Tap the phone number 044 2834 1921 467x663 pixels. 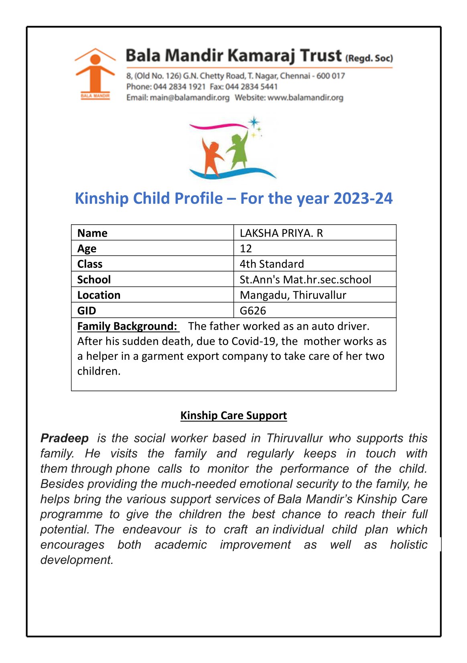tap(179, 87)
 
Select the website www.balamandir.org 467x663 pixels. tap(305, 97)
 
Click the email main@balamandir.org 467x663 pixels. tap(189, 97)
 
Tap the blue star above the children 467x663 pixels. tap(254, 122)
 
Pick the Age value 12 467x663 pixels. tap(246, 249)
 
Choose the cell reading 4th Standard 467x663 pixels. tap(272, 264)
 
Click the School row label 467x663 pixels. tap(94, 280)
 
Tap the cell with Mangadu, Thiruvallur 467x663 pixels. tap(293, 295)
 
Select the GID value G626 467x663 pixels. tap(253, 311)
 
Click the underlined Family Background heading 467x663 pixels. tap(127, 326)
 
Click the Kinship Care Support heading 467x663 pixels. tap(233, 416)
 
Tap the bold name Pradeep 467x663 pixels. tap(65, 438)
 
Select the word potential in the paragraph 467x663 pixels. tap(65, 529)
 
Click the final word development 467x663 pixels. tap(77, 560)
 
